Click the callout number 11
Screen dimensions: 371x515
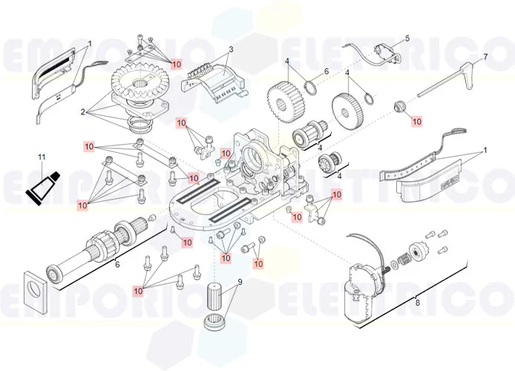point(42,157)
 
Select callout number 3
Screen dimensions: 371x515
point(231,50)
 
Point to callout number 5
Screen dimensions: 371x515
point(407,38)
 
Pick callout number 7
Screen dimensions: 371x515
point(485,57)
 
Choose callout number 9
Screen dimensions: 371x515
point(240,282)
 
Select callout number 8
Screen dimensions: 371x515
point(417,302)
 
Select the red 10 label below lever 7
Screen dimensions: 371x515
point(416,120)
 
